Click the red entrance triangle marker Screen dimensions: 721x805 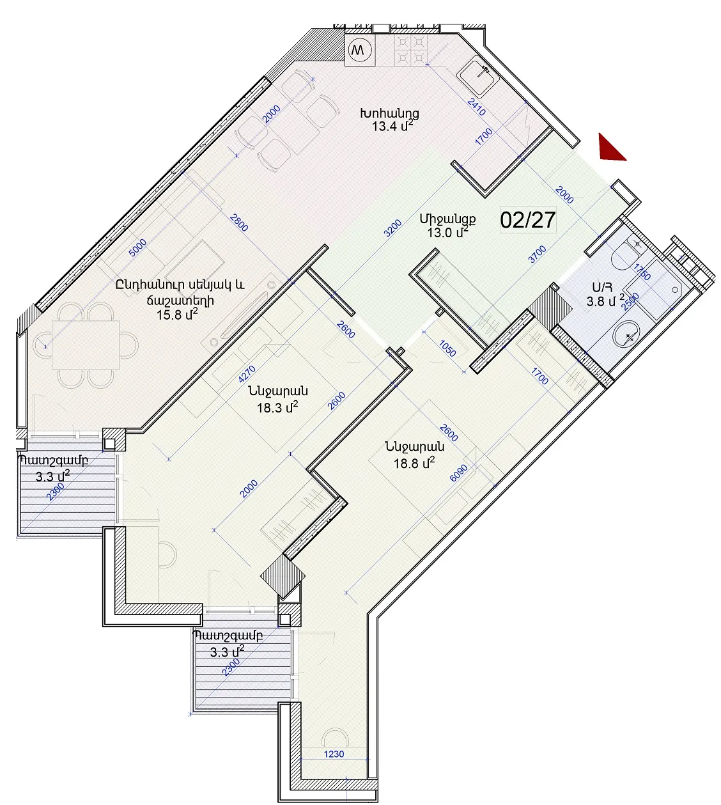coord(610,149)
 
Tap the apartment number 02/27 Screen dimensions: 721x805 coord(527,220)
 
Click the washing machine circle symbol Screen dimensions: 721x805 coord(360,50)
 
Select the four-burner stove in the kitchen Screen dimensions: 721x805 coord(410,50)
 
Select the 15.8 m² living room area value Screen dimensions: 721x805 coord(177,315)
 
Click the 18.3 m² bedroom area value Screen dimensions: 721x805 coord(277,407)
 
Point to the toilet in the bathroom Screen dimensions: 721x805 coord(628,254)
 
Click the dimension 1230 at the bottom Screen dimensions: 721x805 coord(334,754)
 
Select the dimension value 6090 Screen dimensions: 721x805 coord(459,473)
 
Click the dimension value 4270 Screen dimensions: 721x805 coord(247,374)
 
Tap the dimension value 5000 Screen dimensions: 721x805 coord(138,247)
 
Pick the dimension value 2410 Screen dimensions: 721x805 coord(476,107)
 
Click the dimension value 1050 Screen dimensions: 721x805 coord(447,348)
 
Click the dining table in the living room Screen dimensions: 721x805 coord(86,345)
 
